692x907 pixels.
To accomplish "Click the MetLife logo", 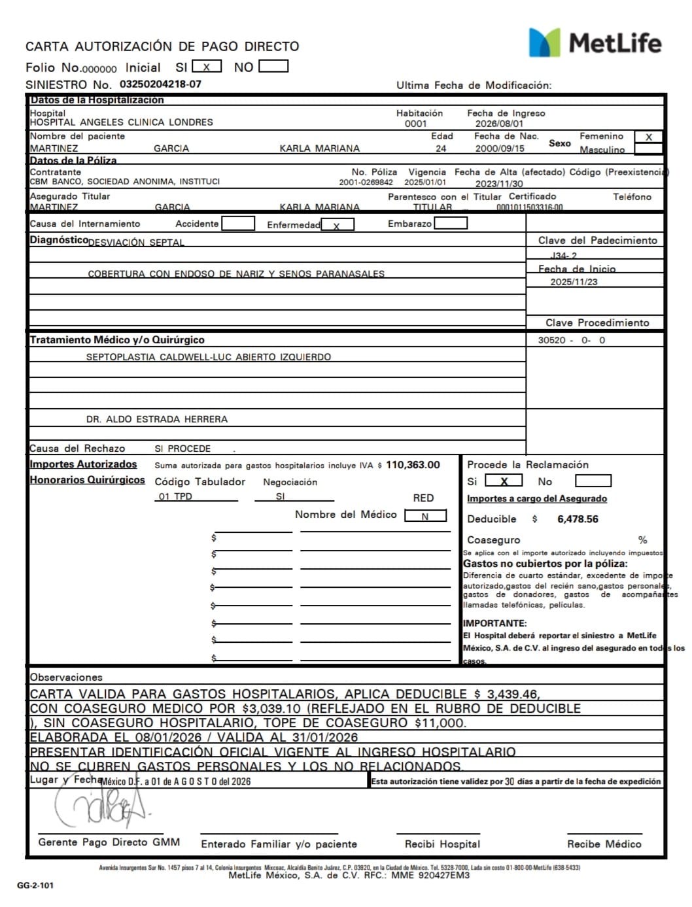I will coord(595,43).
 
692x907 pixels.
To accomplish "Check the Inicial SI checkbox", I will coord(207,67).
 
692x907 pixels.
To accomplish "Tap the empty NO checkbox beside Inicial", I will coord(273,67).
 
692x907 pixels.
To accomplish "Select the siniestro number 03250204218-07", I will coord(160,84).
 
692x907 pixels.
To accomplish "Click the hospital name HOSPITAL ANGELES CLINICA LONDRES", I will coord(122,122).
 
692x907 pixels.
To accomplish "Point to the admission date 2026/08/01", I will coord(499,124).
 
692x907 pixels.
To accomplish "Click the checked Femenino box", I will coord(648,137).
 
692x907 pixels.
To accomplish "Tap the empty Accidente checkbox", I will coord(238,224).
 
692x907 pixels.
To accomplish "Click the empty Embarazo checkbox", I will coord(451,224).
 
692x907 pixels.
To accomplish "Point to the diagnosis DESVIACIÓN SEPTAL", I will coord(136,243).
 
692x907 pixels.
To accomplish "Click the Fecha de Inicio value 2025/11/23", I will coord(574,282).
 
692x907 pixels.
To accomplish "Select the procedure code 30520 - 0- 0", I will coord(572,340).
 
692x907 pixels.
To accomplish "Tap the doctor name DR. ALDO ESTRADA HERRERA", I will coord(157,419).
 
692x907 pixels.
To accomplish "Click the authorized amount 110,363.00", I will coord(413,465).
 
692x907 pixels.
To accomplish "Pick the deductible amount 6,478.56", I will coord(578,519).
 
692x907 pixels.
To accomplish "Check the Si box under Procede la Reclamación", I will coord(503,481).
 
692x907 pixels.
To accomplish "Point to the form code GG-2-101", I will coord(35,885).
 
